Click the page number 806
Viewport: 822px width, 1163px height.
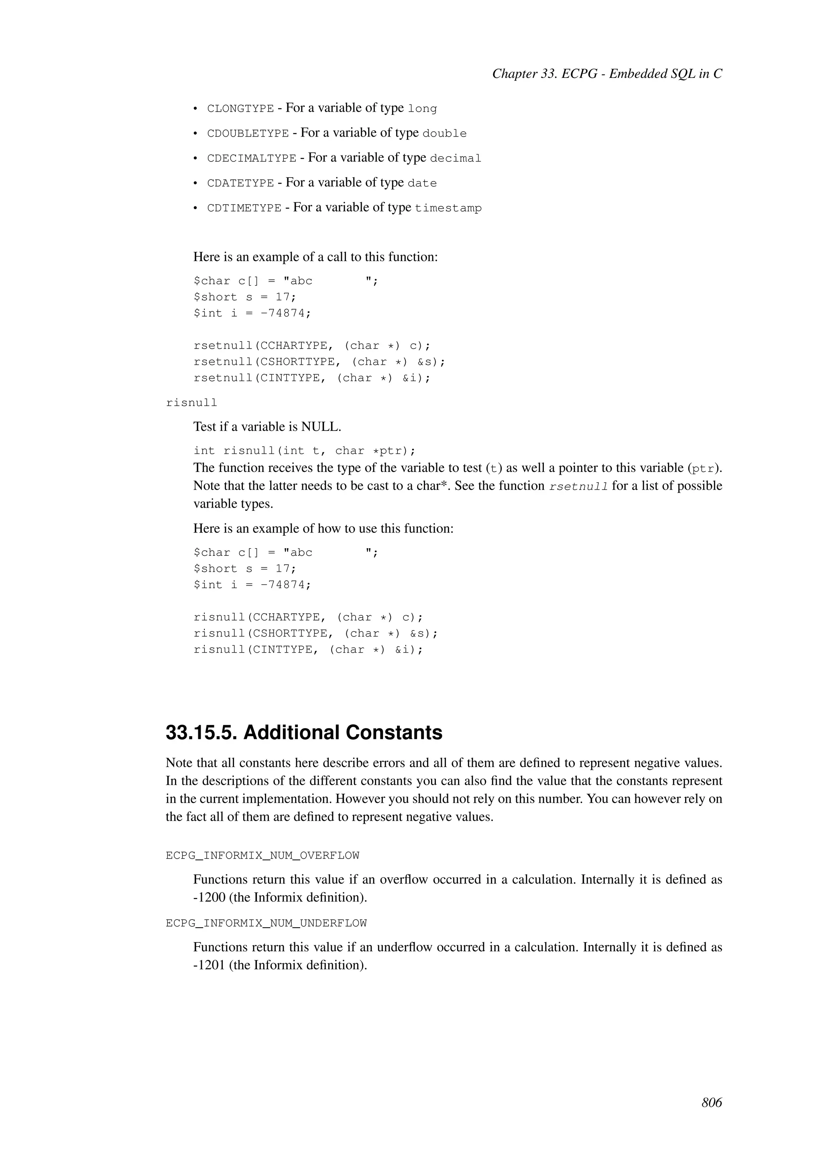click(x=711, y=1103)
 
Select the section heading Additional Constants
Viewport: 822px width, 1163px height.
click(x=304, y=732)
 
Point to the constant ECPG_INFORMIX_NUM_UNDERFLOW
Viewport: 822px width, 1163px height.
click(x=266, y=923)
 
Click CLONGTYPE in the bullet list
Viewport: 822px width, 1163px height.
click(x=240, y=109)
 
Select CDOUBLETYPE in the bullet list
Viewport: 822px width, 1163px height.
click(x=248, y=134)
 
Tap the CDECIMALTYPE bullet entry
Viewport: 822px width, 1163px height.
click(x=252, y=159)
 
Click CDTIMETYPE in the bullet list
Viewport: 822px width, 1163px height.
click(x=244, y=208)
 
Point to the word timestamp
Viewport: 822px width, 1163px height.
click(x=448, y=208)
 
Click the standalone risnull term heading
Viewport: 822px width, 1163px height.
click(x=191, y=403)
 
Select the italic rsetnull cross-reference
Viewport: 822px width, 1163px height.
click(x=578, y=486)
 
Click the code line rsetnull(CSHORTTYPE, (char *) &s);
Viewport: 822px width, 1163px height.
click(x=319, y=362)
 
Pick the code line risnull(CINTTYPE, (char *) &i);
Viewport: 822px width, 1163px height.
click(x=308, y=650)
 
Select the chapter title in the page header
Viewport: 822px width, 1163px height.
click(x=607, y=74)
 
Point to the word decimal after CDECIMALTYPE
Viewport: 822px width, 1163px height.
click(x=456, y=159)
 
